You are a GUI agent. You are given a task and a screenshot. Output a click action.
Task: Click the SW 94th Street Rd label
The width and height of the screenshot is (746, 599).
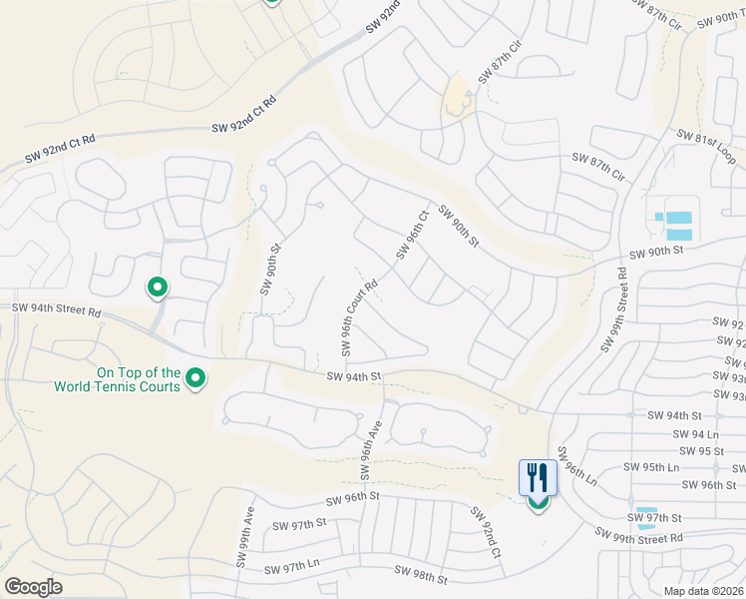pos(57,312)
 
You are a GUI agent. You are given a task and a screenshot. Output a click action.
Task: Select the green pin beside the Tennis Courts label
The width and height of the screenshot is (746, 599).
pos(195,378)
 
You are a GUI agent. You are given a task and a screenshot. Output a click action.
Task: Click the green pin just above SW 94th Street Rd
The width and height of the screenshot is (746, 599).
pos(157,288)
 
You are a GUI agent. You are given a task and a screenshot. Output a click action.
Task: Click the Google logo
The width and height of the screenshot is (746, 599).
pos(33,587)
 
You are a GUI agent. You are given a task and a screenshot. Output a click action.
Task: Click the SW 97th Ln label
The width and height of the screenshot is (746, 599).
pos(292,568)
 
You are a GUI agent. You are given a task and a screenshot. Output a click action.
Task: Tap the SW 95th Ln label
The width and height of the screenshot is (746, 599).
pos(651,467)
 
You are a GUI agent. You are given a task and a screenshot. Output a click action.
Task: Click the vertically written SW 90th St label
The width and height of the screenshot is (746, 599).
pos(268,268)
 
